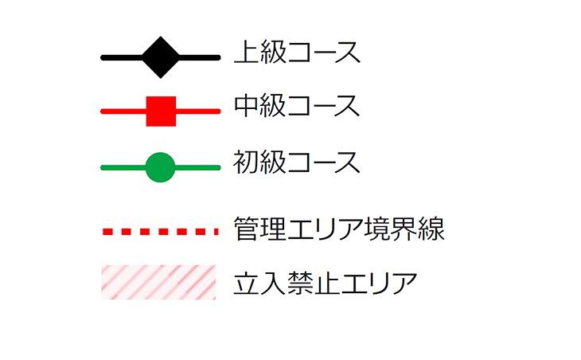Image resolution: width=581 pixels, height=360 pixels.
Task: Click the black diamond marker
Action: [161, 57]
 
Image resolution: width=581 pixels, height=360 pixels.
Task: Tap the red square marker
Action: [161, 112]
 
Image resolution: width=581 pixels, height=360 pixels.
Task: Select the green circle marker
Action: [160, 167]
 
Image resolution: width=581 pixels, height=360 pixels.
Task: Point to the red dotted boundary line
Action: [159, 232]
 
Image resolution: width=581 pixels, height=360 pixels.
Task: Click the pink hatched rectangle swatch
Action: [158, 282]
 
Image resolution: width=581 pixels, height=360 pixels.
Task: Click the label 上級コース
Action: [297, 53]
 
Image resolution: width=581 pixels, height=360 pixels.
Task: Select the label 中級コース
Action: [297, 107]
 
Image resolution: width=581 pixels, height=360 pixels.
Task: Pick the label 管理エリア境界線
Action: [339, 229]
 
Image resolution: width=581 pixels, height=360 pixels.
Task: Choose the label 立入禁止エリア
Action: [326, 283]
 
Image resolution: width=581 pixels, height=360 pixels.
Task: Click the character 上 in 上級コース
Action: [246, 53]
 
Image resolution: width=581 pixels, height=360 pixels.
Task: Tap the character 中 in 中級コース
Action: [246, 107]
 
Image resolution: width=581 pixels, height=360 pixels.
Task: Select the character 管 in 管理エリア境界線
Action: [247, 229]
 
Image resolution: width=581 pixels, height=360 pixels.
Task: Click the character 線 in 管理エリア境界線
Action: [431, 229]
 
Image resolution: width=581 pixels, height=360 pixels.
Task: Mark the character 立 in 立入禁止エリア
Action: [247, 283]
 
